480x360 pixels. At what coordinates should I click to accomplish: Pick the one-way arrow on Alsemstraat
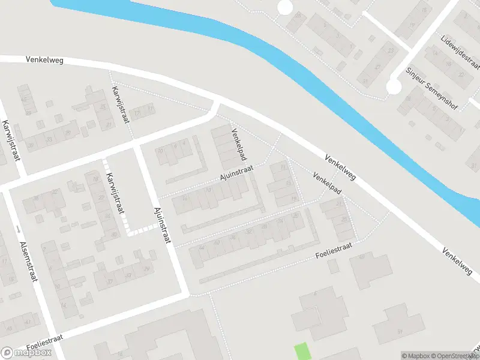coord(19,229)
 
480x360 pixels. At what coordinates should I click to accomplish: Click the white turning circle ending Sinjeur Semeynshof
coord(393,87)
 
